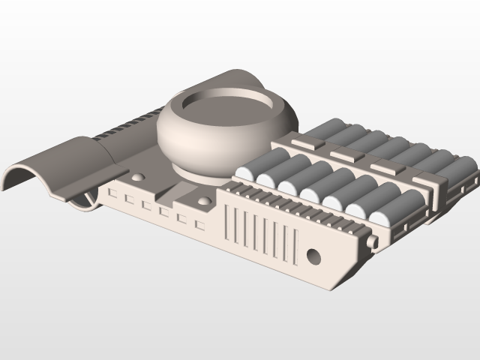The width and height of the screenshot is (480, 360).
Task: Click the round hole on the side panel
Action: (x=313, y=256)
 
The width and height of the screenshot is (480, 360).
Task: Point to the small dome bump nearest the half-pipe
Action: (x=139, y=178)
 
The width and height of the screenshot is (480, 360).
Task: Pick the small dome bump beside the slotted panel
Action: (x=204, y=203)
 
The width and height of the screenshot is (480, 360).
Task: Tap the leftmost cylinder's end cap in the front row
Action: (x=244, y=173)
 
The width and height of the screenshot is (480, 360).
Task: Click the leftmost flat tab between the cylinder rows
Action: (x=303, y=142)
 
